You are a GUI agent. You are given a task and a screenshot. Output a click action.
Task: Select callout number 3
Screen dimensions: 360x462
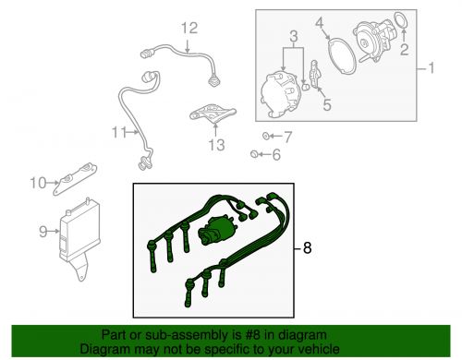tap(293, 36)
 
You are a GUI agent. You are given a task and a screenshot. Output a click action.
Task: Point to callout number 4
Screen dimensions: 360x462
tap(345, 21)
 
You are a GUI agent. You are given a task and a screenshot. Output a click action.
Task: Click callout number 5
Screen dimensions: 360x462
tap(326, 104)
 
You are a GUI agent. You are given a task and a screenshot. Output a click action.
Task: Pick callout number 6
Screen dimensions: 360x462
tap(274, 155)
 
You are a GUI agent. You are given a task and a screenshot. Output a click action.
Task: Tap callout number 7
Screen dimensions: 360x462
tap(286, 138)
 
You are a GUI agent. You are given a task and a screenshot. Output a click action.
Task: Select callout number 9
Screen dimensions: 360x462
tap(43, 231)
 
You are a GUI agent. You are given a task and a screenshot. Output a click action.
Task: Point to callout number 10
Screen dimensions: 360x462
tap(38, 182)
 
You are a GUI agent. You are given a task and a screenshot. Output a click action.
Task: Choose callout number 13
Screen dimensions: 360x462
tap(216, 146)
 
